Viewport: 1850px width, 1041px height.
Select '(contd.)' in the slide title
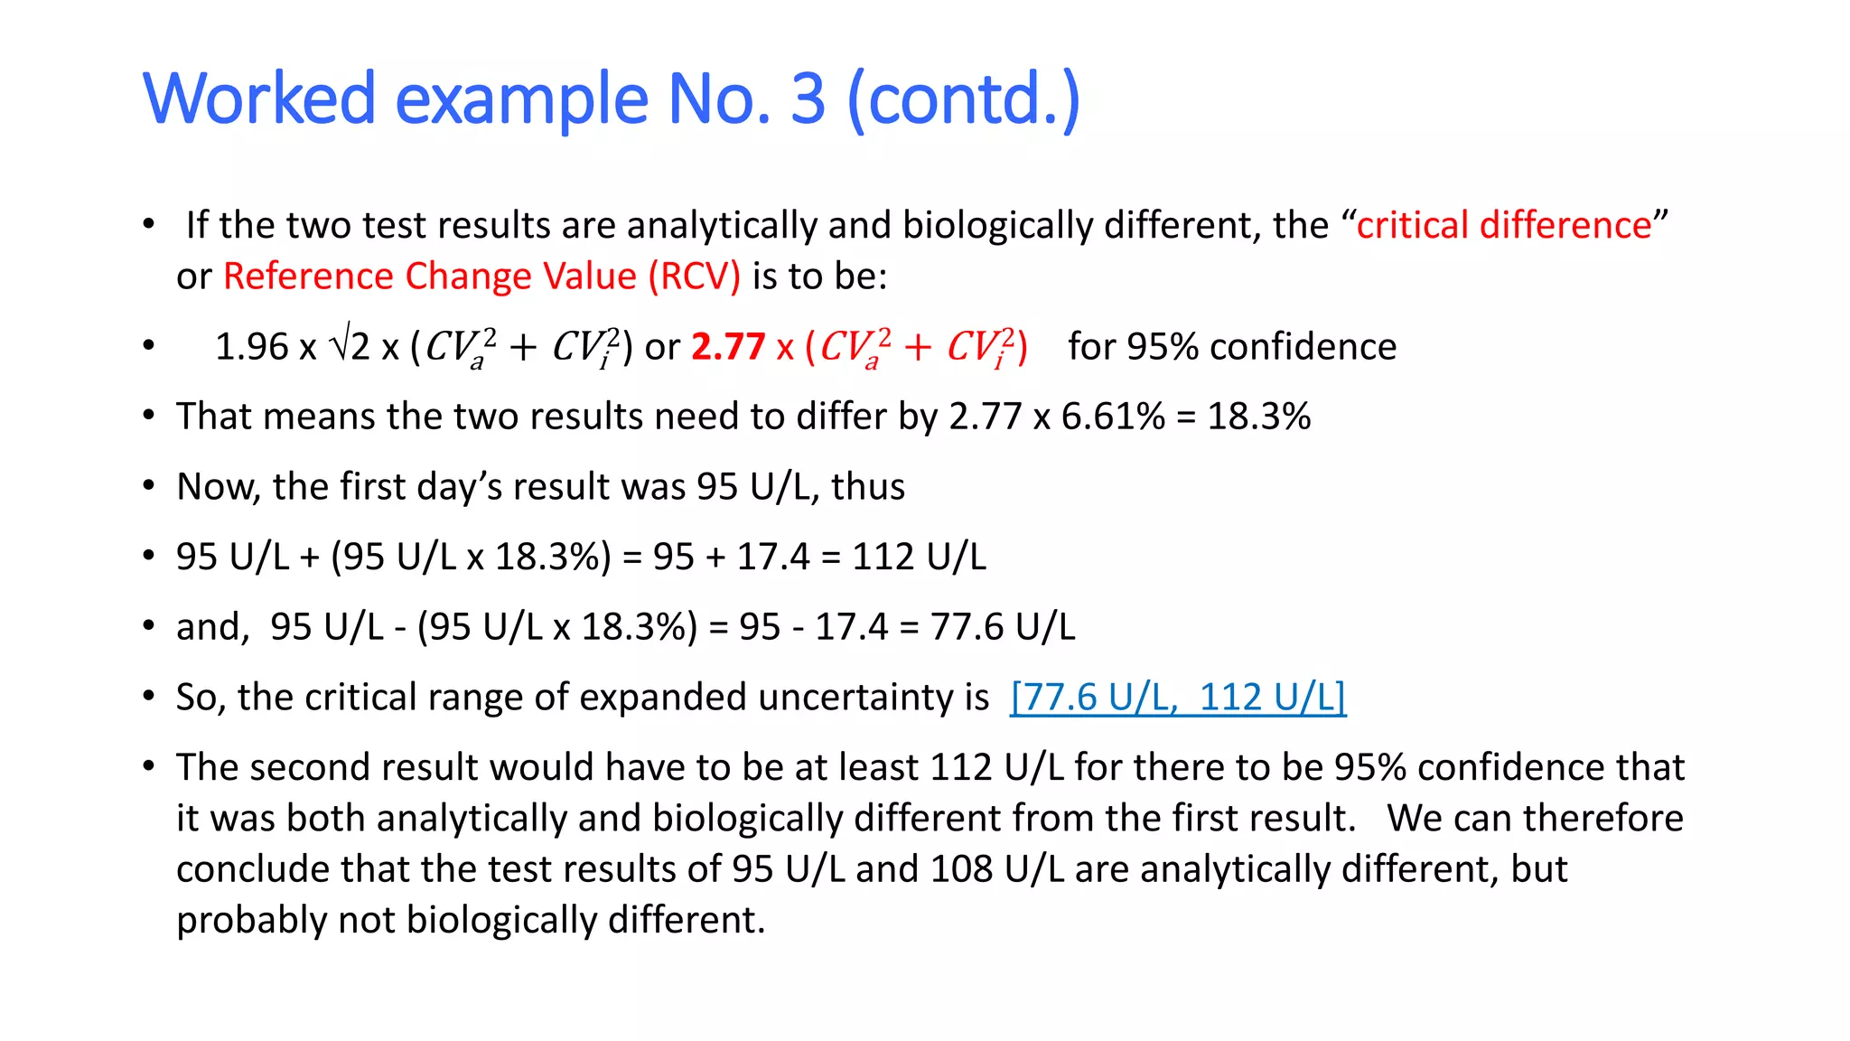[963, 99]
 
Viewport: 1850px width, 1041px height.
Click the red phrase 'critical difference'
[1504, 225]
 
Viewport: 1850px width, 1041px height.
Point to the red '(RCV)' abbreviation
[694, 277]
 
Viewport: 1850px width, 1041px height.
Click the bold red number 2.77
[728, 347]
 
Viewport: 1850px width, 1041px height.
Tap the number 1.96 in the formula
[251, 347]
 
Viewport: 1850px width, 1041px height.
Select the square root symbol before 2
[340, 343]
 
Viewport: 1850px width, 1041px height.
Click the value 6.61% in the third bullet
[1113, 417]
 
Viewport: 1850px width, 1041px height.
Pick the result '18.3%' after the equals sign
[1258, 417]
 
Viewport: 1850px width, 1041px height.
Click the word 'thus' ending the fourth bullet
[867, 487]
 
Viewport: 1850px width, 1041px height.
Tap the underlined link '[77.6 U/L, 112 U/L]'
[1178, 698]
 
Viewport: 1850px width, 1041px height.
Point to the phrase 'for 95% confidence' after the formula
[1231, 347]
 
